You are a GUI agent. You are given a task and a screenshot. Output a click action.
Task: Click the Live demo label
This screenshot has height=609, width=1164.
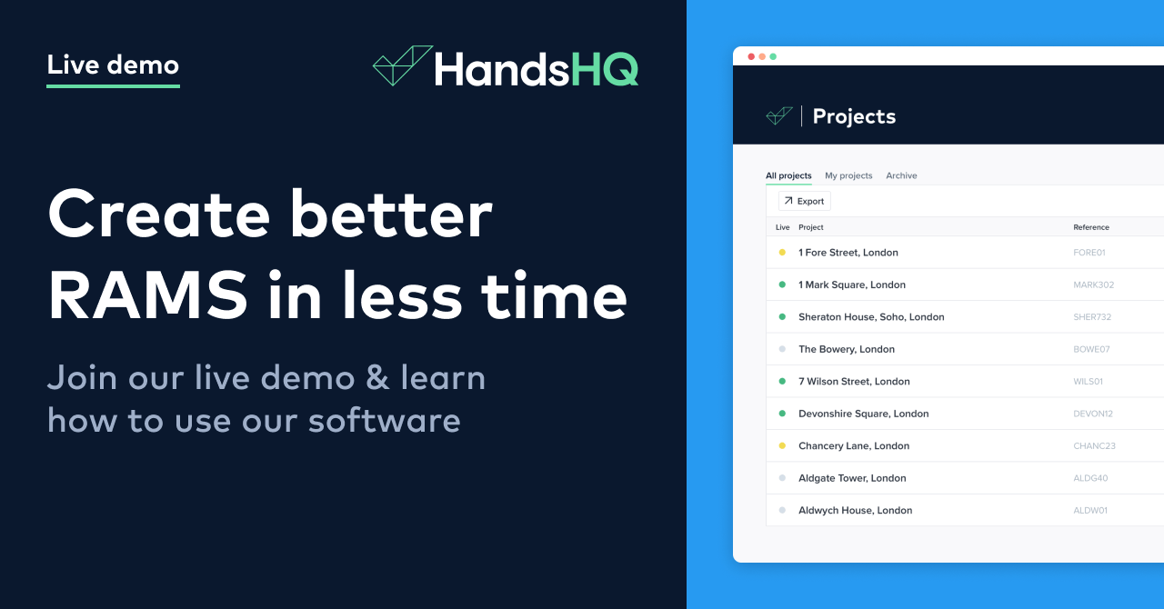[113, 65]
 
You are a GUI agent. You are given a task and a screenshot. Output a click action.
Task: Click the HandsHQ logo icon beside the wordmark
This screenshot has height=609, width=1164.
[402, 66]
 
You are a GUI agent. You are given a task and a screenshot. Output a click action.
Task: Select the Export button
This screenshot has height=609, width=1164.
[805, 201]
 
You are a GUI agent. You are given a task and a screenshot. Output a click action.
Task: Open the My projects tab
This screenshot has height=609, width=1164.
[848, 175]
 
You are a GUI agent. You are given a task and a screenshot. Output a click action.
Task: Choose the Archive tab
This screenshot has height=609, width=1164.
[901, 175]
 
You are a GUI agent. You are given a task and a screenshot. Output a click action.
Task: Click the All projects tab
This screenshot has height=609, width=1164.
[788, 175]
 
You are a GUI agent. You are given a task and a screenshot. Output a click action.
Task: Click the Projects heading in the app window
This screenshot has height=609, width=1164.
[854, 116]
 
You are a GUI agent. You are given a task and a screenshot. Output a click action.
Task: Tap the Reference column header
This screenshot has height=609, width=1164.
[1091, 227]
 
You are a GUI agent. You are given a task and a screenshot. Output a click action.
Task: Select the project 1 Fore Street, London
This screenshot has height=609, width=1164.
[848, 253]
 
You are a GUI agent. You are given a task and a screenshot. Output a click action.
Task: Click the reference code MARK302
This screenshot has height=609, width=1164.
[1093, 285]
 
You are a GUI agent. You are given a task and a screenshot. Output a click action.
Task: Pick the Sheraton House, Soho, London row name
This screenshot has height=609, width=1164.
[871, 317]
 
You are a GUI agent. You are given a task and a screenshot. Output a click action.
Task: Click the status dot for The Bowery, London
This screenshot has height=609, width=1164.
[782, 349]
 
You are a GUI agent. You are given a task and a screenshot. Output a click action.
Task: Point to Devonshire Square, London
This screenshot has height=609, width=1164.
[863, 414]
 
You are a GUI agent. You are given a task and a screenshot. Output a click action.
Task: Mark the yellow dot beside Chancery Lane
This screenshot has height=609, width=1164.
[782, 445]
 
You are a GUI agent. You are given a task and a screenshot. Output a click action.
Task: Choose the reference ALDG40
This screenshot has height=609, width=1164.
[1091, 478]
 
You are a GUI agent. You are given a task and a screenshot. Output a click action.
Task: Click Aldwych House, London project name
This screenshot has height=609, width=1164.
[855, 510]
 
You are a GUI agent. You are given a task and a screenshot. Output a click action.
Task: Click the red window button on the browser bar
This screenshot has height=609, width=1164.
[751, 56]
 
